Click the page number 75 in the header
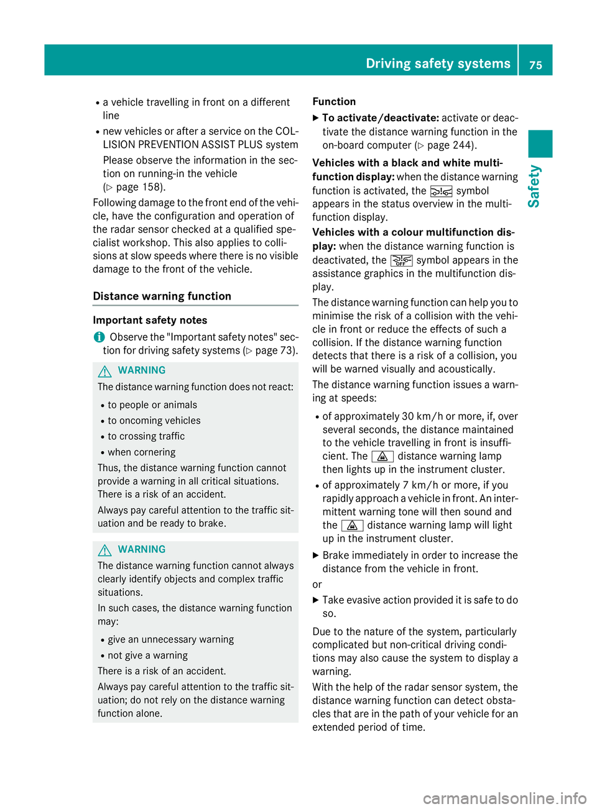535,65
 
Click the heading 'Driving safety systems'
438,63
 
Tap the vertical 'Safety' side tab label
534,186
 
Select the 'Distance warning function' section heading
162,296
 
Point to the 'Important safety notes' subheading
150,321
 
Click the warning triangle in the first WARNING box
104,371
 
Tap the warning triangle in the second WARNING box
104,550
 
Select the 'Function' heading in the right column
334,102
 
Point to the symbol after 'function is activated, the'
441,191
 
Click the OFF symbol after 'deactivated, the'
401,260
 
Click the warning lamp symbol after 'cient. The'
382,457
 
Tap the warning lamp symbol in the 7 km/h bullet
352,526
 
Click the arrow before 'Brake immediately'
316,555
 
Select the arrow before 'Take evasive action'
316,600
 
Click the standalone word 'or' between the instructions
317,585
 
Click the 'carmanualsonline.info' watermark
504,798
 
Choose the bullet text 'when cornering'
142,452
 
